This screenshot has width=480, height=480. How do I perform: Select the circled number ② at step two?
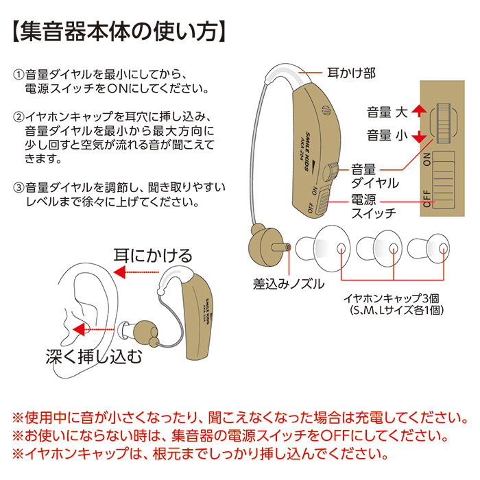[19, 116]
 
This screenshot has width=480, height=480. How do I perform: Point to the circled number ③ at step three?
[19, 187]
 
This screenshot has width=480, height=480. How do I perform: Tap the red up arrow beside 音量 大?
[420, 112]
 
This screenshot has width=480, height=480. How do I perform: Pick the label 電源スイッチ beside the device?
[374, 206]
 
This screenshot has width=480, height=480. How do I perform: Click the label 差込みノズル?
[289, 284]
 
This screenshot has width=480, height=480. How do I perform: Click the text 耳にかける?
[153, 256]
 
